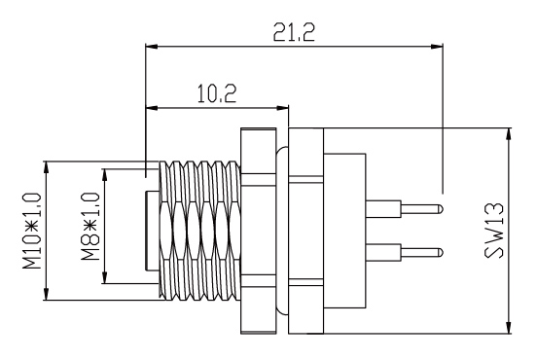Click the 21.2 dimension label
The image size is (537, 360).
294,32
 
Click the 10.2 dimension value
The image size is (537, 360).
217,93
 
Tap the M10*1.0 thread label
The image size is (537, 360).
32,231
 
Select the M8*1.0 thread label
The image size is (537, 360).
90,227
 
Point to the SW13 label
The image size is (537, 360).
494,231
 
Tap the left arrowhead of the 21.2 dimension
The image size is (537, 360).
152,47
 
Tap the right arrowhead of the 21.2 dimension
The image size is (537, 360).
437,47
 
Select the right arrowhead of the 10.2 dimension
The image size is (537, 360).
282,108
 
